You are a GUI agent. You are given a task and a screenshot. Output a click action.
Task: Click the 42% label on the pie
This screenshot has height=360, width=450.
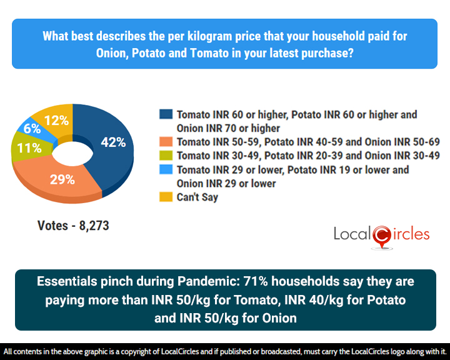113,142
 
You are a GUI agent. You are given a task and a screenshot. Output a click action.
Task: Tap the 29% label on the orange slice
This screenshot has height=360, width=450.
62,179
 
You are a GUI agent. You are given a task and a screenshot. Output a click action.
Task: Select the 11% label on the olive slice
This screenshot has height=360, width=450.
29,149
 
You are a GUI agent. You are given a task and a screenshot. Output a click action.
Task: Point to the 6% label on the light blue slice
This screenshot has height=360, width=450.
32,129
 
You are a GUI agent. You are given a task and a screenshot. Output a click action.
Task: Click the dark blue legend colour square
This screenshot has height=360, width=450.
166,115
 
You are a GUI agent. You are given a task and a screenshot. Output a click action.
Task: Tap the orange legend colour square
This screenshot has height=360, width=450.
166,142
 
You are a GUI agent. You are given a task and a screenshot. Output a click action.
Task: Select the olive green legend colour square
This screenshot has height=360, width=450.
166,156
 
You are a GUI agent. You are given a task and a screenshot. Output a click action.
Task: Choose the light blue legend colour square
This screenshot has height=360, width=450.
166,169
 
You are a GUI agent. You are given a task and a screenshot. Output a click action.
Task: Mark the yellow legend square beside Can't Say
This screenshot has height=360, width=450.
166,197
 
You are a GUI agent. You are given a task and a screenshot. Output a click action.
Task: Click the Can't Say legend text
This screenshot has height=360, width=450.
197,197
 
